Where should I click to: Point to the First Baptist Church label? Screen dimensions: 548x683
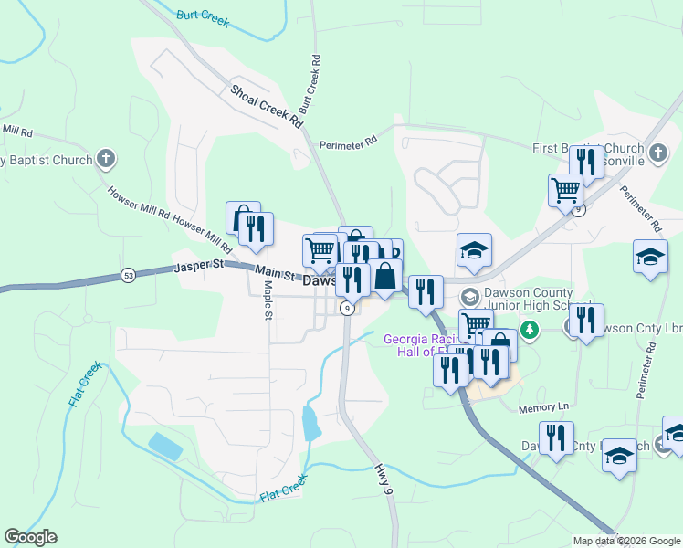pyautogui.click(x=588, y=148)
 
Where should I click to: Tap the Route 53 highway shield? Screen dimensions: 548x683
pyautogui.click(x=129, y=275)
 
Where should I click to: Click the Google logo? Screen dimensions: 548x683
pyautogui.click(x=30, y=537)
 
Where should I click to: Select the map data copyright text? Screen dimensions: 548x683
pyautogui.click(x=625, y=541)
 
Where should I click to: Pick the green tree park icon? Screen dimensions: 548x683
pyautogui.click(x=527, y=328)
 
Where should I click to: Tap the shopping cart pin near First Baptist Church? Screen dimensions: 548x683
pyautogui.click(x=565, y=190)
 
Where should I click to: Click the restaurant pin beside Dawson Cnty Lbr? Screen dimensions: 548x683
pyautogui.click(x=585, y=320)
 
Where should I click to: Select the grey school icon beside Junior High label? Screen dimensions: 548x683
pyautogui.click(x=469, y=297)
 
